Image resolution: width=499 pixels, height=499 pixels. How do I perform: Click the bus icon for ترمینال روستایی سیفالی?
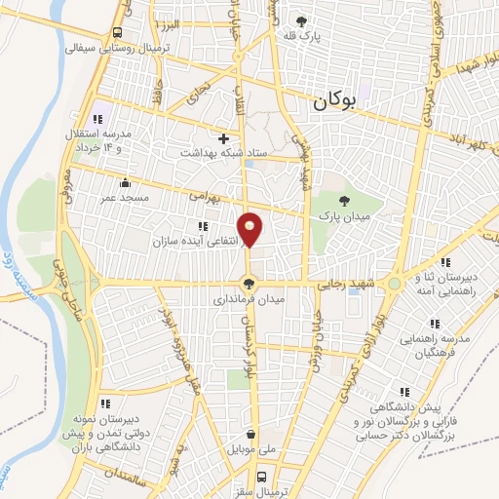117,32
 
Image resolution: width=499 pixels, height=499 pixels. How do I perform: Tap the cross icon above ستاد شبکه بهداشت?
225,138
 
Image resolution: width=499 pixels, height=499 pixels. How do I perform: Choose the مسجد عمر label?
120,198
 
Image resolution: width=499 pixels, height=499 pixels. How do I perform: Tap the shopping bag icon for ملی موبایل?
252,435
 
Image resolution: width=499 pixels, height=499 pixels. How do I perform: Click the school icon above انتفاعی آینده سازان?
204,226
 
